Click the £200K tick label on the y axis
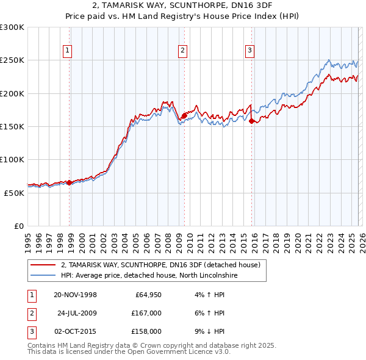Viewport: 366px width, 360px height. click(x=12, y=93)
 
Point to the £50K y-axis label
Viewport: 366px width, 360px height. click(x=14, y=193)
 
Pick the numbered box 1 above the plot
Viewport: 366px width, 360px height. click(x=67, y=51)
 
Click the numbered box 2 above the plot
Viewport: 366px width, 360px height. click(x=182, y=51)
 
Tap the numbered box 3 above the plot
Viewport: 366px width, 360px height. click(x=249, y=51)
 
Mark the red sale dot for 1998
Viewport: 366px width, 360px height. click(x=70, y=182)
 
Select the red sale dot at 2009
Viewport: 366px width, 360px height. click(x=184, y=115)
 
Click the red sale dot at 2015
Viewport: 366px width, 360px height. click(x=251, y=121)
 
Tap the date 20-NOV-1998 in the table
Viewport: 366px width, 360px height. click(x=75, y=295)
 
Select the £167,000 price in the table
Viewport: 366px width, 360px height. click(x=146, y=313)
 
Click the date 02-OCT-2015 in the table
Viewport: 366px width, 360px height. click(x=75, y=331)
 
